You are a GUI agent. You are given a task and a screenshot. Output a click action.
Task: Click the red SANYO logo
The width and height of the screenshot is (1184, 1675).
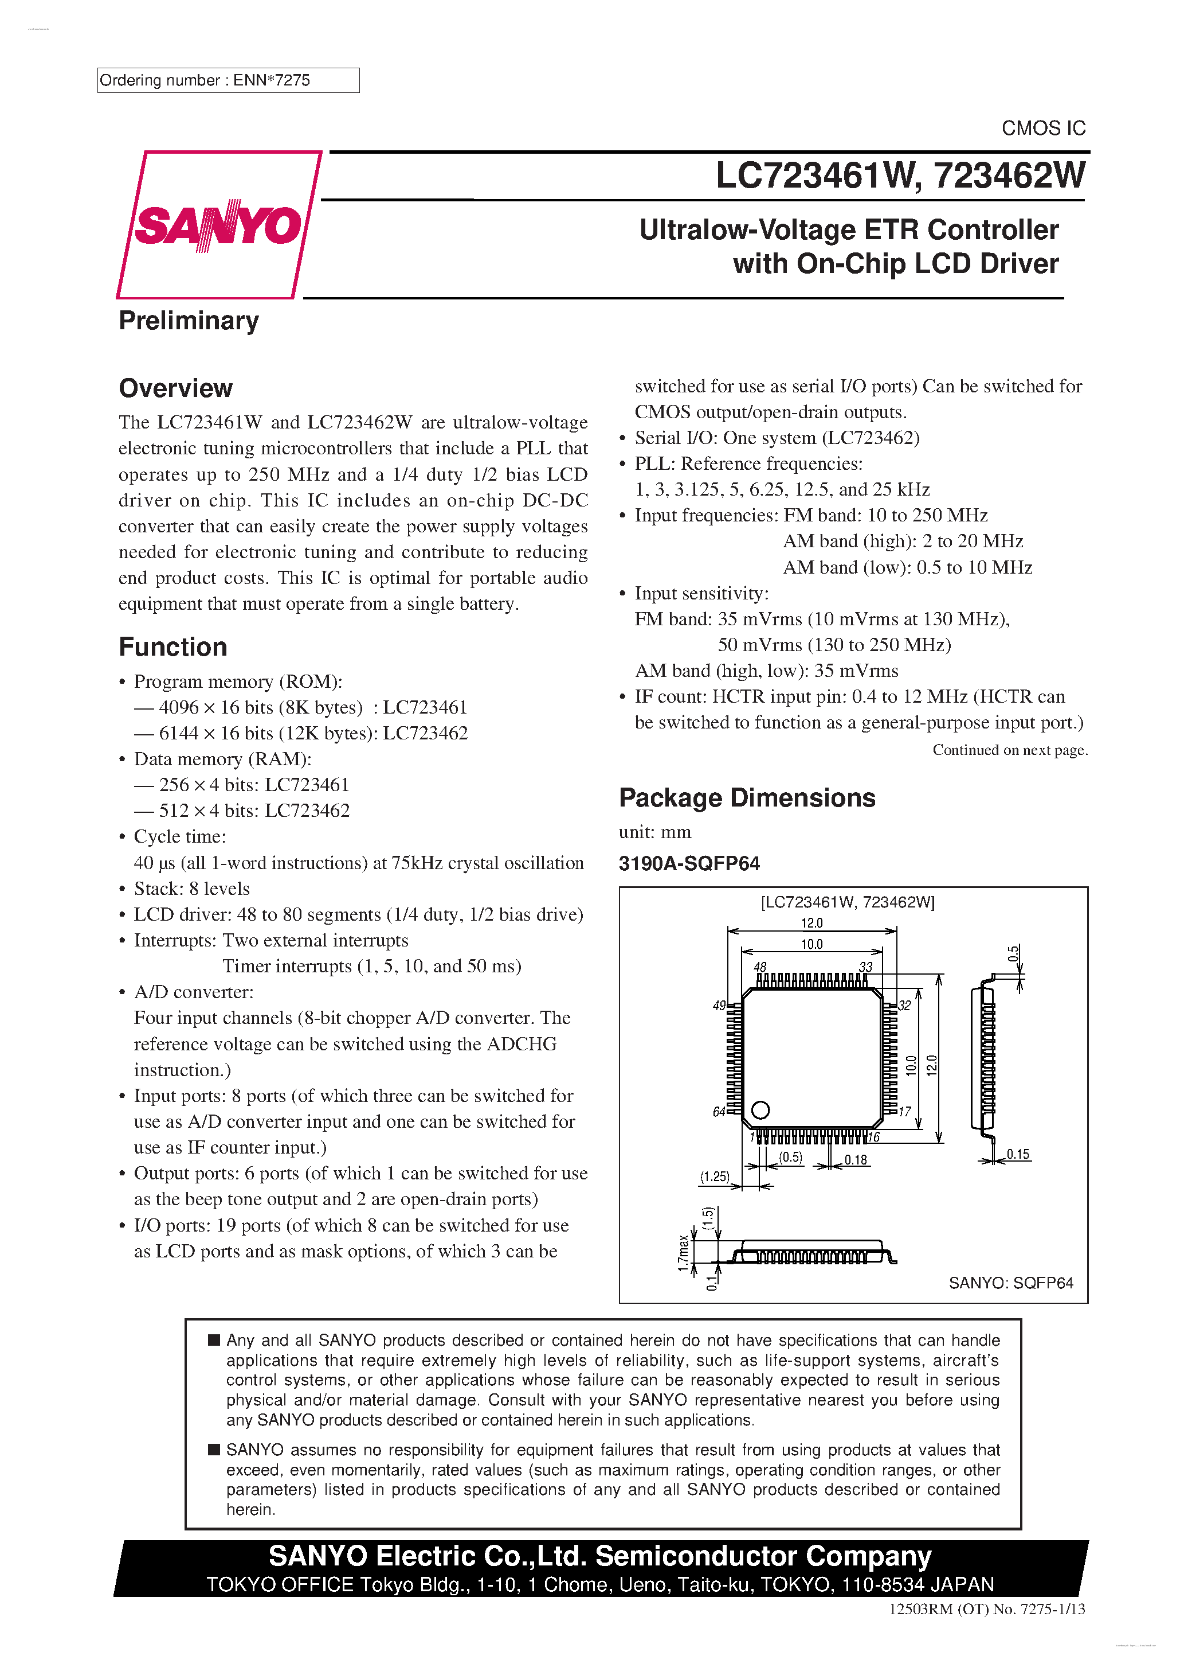click(x=218, y=225)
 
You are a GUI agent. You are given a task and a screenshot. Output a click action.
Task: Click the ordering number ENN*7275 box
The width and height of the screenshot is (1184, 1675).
click(x=228, y=80)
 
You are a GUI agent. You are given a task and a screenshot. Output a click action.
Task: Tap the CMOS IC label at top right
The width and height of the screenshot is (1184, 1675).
click(x=1042, y=128)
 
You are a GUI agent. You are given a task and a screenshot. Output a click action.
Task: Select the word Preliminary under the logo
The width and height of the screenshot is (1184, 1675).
click(x=189, y=321)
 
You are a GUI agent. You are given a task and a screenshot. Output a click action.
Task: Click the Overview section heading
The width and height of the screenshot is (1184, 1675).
click(x=176, y=388)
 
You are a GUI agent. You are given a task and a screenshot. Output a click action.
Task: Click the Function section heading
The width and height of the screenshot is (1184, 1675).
click(x=173, y=647)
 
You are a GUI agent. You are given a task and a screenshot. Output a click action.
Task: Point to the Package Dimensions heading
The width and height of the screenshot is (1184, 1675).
click(x=747, y=798)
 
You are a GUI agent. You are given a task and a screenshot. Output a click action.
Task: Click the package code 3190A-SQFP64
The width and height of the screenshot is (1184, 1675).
click(x=689, y=864)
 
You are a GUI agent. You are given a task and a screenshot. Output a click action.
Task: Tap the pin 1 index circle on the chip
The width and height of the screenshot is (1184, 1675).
click(x=760, y=1111)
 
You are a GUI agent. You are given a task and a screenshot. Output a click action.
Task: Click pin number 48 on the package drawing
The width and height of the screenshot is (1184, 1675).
click(x=760, y=967)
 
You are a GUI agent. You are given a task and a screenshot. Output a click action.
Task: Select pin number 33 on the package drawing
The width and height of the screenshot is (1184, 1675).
click(x=865, y=967)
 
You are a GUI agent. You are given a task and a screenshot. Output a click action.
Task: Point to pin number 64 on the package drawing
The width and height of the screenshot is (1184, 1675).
click(x=719, y=1112)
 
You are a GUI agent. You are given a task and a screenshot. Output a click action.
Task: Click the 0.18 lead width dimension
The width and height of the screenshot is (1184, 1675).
click(x=856, y=1160)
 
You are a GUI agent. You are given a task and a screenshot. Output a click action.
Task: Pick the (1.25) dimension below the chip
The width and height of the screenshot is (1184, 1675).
click(x=715, y=1176)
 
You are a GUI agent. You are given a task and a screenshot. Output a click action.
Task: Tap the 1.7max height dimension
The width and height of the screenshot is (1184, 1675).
click(x=683, y=1253)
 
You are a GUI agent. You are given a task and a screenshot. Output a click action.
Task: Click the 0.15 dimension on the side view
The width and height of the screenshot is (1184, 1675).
click(x=1018, y=1154)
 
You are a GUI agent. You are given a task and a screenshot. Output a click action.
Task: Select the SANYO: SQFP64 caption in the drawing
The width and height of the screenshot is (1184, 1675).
click(x=1010, y=1283)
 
